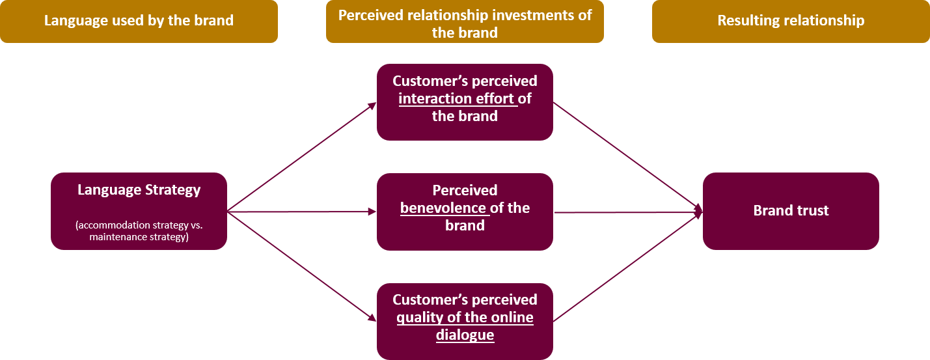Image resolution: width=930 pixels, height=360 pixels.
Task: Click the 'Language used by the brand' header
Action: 139,21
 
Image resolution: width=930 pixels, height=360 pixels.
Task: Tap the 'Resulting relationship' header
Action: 791,21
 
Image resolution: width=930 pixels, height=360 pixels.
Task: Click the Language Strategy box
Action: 139,211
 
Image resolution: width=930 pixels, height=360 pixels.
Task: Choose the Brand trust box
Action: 791,211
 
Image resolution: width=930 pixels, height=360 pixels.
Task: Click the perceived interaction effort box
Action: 465,102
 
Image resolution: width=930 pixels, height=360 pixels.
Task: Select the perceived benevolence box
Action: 465,211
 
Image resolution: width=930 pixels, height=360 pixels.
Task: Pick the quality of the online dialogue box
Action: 465,321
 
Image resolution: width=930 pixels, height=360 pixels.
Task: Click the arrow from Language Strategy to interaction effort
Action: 302,157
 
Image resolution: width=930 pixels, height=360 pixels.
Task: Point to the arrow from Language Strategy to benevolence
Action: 302,212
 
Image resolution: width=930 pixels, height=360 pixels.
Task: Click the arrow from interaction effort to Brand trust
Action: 628,157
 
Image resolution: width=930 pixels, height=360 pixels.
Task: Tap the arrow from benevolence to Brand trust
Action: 628,212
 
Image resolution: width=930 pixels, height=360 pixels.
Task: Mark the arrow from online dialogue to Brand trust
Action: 628,266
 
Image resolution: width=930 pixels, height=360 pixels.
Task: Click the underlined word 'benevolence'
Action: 443,208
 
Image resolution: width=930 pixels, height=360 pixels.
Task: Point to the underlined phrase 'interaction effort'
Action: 457,99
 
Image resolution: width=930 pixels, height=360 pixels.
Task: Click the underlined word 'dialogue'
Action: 465,336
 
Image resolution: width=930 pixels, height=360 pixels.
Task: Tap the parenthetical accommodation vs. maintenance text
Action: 139,232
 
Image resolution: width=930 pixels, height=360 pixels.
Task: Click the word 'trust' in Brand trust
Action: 812,211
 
